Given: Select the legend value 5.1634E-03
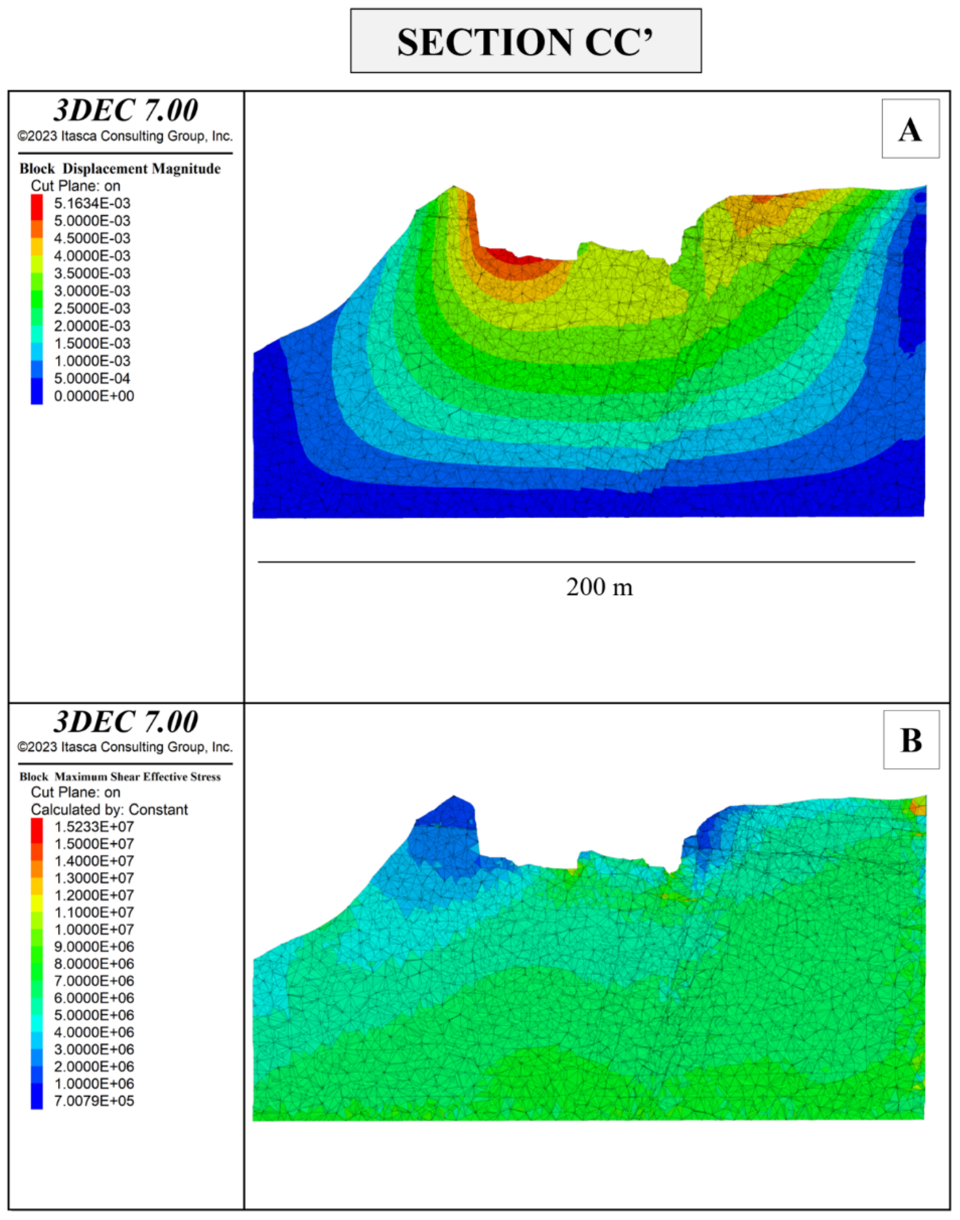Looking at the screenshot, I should tap(92, 203).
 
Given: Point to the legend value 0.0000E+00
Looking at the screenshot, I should tap(94, 396).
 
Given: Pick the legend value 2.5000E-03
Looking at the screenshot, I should tap(92, 308).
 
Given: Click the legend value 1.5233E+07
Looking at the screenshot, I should tap(94, 826).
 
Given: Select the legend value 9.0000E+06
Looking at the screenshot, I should tap(94, 947).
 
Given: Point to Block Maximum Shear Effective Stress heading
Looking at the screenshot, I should tap(120, 777).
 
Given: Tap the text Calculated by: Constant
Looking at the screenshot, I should tap(109, 809).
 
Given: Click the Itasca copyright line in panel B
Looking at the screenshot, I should tap(125, 747).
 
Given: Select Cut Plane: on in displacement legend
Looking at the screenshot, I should tap(75, 186).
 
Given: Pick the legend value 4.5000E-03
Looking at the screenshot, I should tap(92, 238).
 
